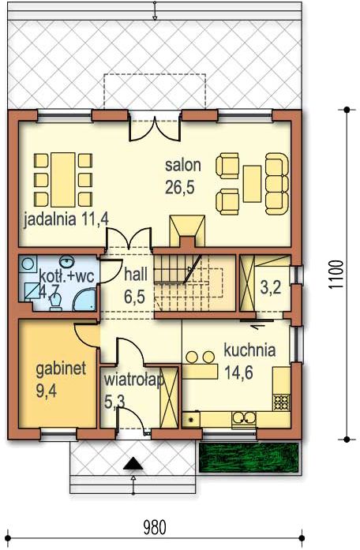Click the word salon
(183, 165)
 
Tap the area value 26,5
(180, 187)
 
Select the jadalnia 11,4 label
(66, 220)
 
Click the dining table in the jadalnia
(63, 180)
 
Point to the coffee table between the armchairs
(253, 184)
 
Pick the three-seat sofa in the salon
(277, 183)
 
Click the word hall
(136, 275)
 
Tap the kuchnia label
(249, 350)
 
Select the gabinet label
(61, 369)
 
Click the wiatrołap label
(134, 380)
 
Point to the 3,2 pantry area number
(271, 288)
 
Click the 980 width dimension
(155, 527)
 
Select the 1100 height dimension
(336, 275)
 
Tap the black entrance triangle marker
(133, 464)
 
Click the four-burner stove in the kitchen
(281, 402)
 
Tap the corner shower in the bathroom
(84, 300)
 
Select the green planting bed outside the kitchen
(249, 458)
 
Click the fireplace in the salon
(187, 231)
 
